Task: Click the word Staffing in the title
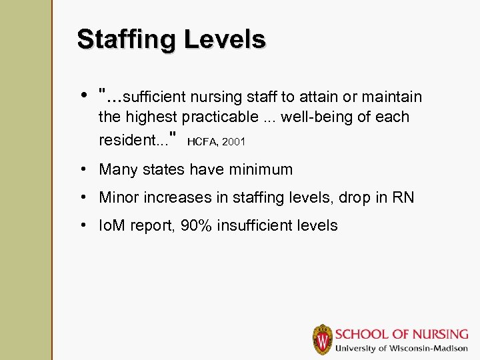point(125,40)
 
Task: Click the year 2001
point(235,142)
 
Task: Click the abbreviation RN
point(403,197)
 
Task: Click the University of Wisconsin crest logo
point(323,339)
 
